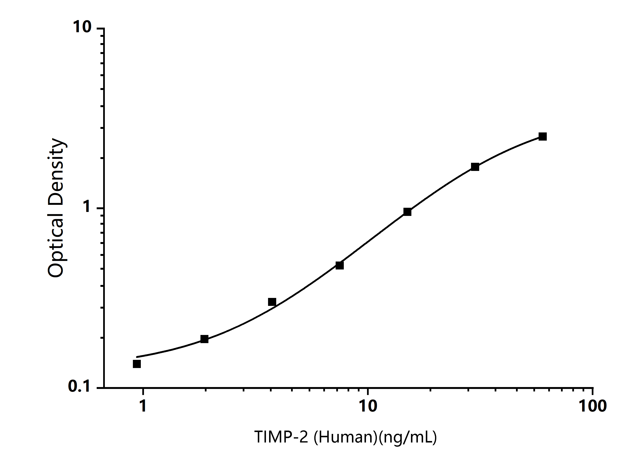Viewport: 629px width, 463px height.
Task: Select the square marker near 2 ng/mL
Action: pos(204,339)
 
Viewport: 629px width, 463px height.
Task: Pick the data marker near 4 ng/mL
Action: pos(272,302)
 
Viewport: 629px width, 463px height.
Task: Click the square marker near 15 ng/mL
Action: pos(407,212)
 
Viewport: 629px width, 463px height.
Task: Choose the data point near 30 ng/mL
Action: pos(475,167)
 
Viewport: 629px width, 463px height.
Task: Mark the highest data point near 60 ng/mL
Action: pos(543,137)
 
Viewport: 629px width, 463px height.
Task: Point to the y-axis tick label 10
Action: pos(82,27)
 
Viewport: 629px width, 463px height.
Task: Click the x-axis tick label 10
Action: pos(368,405)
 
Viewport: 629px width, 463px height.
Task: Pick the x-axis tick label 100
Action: pos(593,405)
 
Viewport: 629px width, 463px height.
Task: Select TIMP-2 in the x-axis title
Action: pos(281,437)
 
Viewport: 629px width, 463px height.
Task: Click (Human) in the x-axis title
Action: pos(345,437)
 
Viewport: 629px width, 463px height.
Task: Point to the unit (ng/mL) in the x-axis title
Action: pos(408,437)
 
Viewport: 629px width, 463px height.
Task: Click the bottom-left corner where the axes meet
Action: pos(104,388)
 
